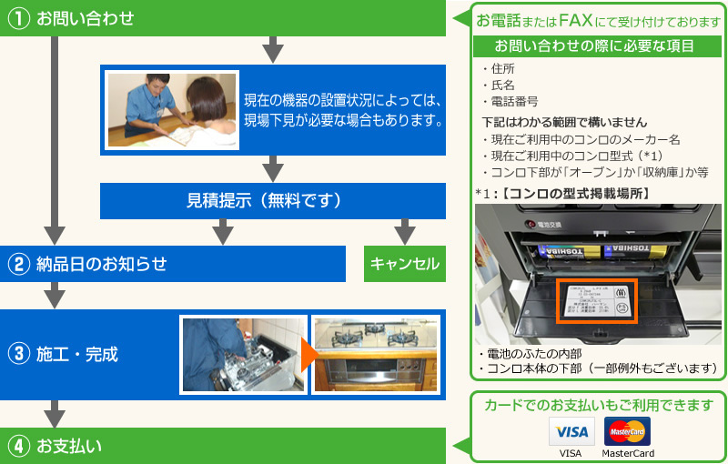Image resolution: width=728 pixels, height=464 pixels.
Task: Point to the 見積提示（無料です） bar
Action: click(x=264, y=201)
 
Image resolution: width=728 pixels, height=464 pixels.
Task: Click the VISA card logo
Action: click(x=571, y=431)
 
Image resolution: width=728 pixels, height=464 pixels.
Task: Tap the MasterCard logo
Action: click(x=627, y=431)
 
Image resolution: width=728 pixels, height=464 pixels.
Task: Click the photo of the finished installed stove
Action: click(x=375, y=354)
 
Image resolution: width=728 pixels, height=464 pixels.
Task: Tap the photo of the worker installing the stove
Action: click(x=242, y=354)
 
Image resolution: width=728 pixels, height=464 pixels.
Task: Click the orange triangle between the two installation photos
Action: click(x=308, y=354)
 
